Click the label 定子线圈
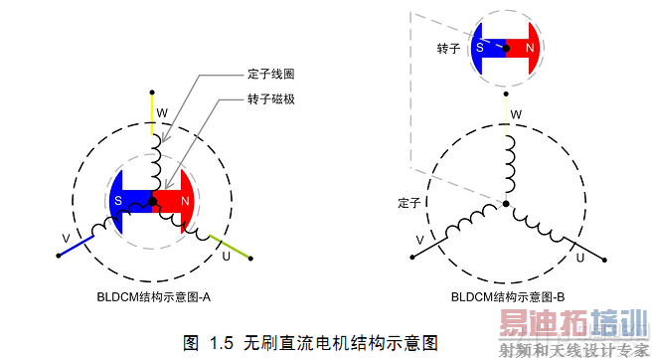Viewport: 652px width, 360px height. [270, 75]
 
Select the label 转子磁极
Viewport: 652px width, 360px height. [270, 100]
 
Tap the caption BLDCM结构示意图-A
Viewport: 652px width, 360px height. [153, 296]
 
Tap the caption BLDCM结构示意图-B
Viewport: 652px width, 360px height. [508, 296]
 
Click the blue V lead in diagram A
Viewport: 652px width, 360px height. [76, 246]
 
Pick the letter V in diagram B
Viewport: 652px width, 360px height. [419, 241]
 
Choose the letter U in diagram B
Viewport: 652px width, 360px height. [579, 257]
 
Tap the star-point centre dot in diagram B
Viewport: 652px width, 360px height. [506, 204]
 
